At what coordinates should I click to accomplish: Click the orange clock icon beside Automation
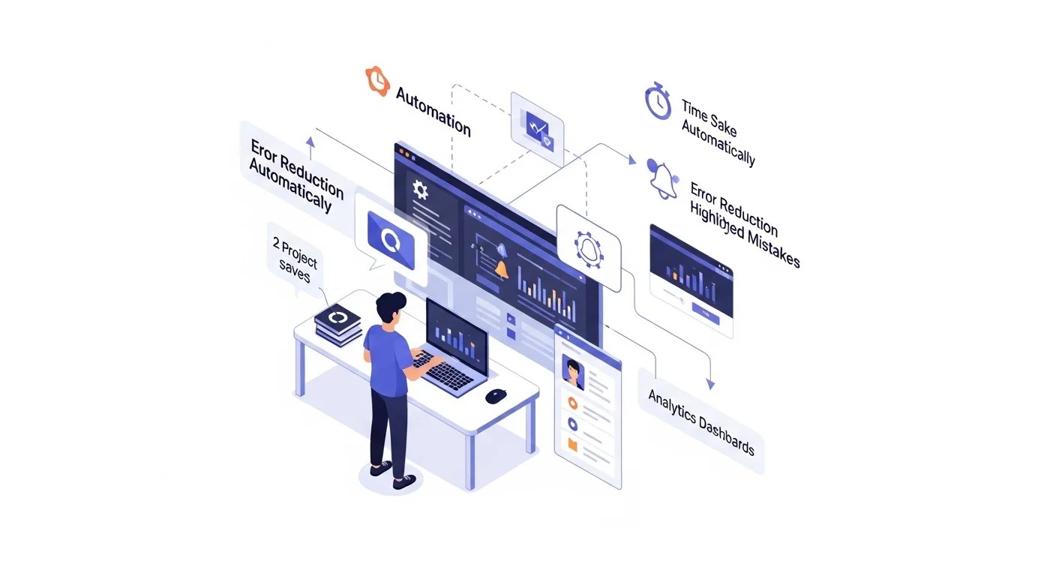point(377,80)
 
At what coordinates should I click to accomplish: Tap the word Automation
point(433,112)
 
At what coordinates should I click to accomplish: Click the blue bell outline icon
point(662,178)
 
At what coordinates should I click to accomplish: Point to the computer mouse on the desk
point(495,394)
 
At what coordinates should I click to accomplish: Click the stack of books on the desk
point(338,325)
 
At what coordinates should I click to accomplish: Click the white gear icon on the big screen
point(420,190)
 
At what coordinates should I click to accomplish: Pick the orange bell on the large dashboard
point(500,269)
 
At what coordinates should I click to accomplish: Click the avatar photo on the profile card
point(574,373)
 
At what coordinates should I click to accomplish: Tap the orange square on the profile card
point(573,445)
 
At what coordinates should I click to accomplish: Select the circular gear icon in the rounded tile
point(588,247)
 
